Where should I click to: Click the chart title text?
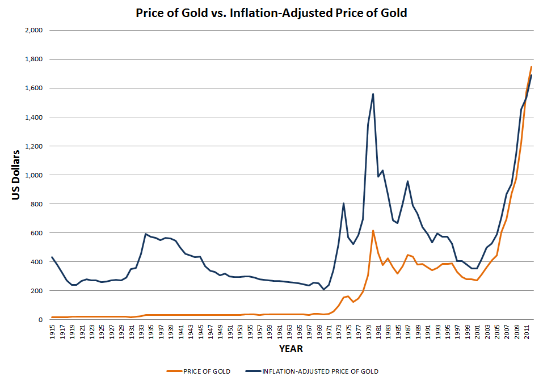(271, 12)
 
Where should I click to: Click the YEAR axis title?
(291, 348)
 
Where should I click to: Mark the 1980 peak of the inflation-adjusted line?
(373, 94)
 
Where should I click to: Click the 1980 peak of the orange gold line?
(373, 231)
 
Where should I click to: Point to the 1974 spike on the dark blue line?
(343, 203)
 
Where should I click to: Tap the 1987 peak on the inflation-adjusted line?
(407, 181)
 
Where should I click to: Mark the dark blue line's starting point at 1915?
(52, 257)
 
